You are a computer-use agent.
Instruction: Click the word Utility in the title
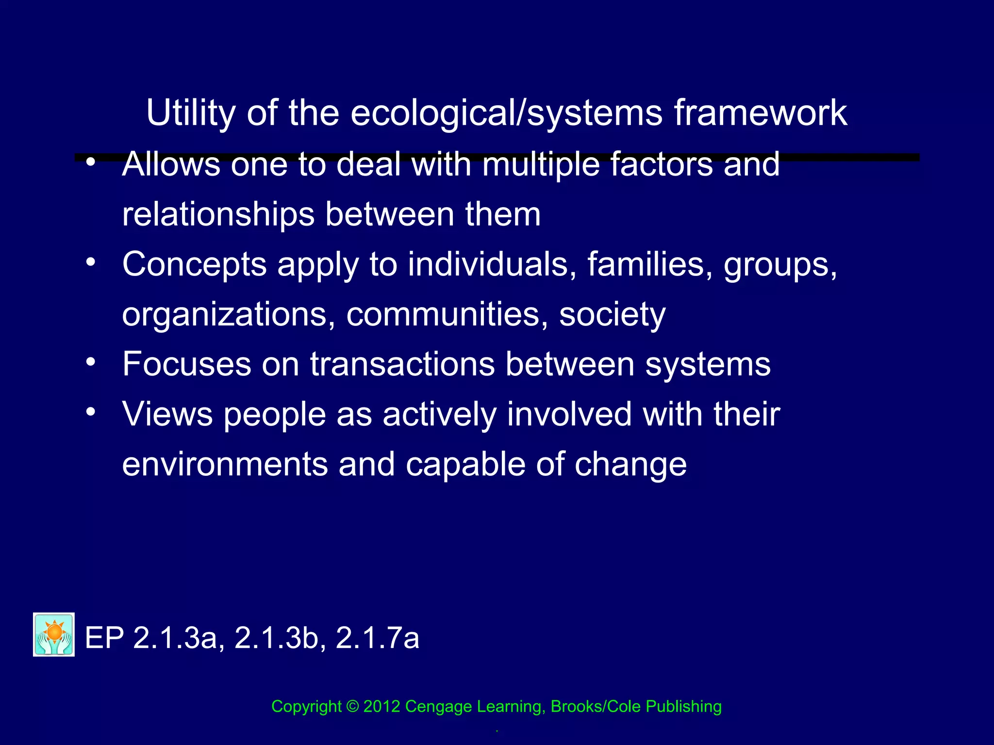click(191, 113)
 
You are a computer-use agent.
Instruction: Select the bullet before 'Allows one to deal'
click(90, 162)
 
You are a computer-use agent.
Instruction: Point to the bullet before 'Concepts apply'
click(90, 262)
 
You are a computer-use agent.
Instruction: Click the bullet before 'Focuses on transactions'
click(90, 362)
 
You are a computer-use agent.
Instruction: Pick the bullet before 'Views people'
click(90, 412)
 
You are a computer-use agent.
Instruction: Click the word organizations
click(229, 315)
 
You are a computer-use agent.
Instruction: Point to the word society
click(613, 315)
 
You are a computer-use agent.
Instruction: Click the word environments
click(225, 465)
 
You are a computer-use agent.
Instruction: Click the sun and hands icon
click(54, 634)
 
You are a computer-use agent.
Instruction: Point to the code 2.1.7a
click(377, 638)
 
